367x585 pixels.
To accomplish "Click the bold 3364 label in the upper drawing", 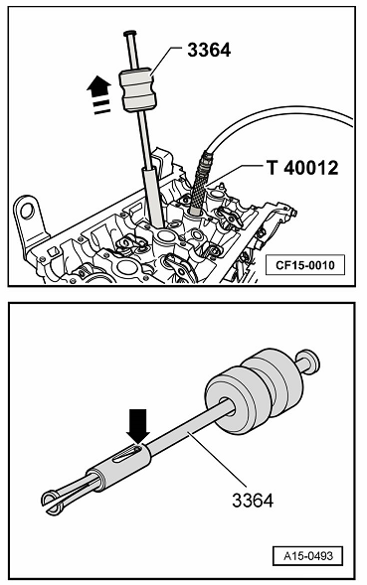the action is [x=209, y=50].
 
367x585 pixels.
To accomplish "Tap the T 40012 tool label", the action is [x=302, y=168].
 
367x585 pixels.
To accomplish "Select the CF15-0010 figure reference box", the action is [x=305, y=265].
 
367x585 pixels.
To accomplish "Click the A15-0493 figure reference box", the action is [x=307, y=556].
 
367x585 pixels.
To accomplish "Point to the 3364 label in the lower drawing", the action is [x=253, y=500].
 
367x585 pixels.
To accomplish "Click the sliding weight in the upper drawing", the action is [x=138, y=89].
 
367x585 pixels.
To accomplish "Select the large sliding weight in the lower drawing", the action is [x=255, y=391].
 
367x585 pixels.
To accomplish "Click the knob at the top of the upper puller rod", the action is [x=129, y=33].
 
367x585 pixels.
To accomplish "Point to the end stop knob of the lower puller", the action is [x=309, y=362].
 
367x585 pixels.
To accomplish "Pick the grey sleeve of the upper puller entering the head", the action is [x=152, y=197].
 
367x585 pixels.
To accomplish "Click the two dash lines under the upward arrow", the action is [x=101, y=106].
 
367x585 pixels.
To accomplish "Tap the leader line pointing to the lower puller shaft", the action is [x=218, y=459].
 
